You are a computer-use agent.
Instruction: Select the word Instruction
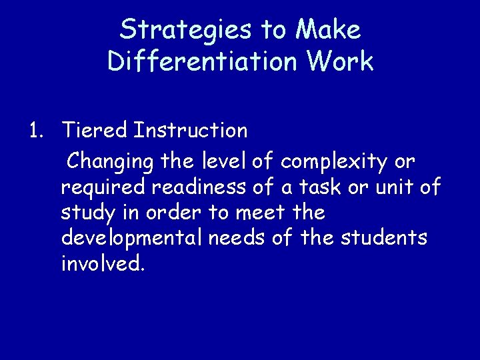[x=190, y=131]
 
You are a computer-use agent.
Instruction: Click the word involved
[x=101, y=264]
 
